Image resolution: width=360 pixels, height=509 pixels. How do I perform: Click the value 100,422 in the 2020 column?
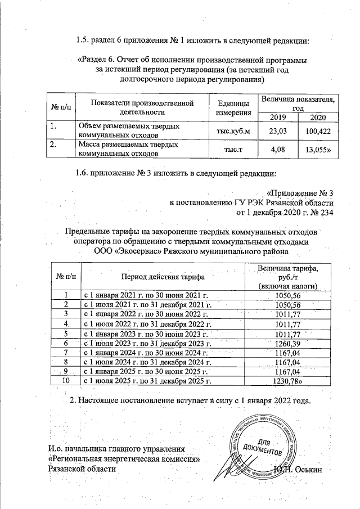click(x=317, y=131)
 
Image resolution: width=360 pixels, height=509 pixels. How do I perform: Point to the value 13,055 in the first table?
click(x=317, y=149)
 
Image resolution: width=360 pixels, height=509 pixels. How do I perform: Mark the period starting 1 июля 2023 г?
click(x=147, y=343)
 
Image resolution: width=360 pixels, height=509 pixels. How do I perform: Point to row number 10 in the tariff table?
click(x=66, y=381)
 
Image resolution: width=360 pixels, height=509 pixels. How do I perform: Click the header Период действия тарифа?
click(x=161, y=276)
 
